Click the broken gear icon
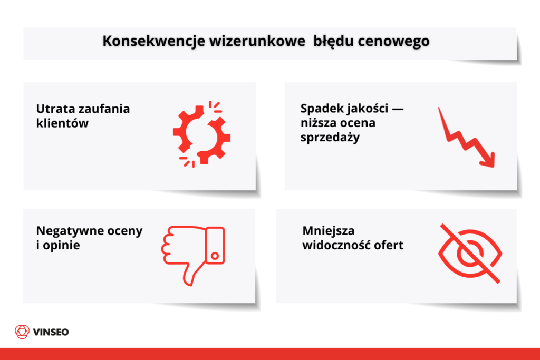tap(201, 135)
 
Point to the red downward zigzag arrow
tap(467, 138)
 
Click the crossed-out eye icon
tap(469, 254)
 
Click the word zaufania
tap(103, 109)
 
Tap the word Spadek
tap(320, 109)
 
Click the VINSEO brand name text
tap(51, 332)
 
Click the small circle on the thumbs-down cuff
tap(215, 256)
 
